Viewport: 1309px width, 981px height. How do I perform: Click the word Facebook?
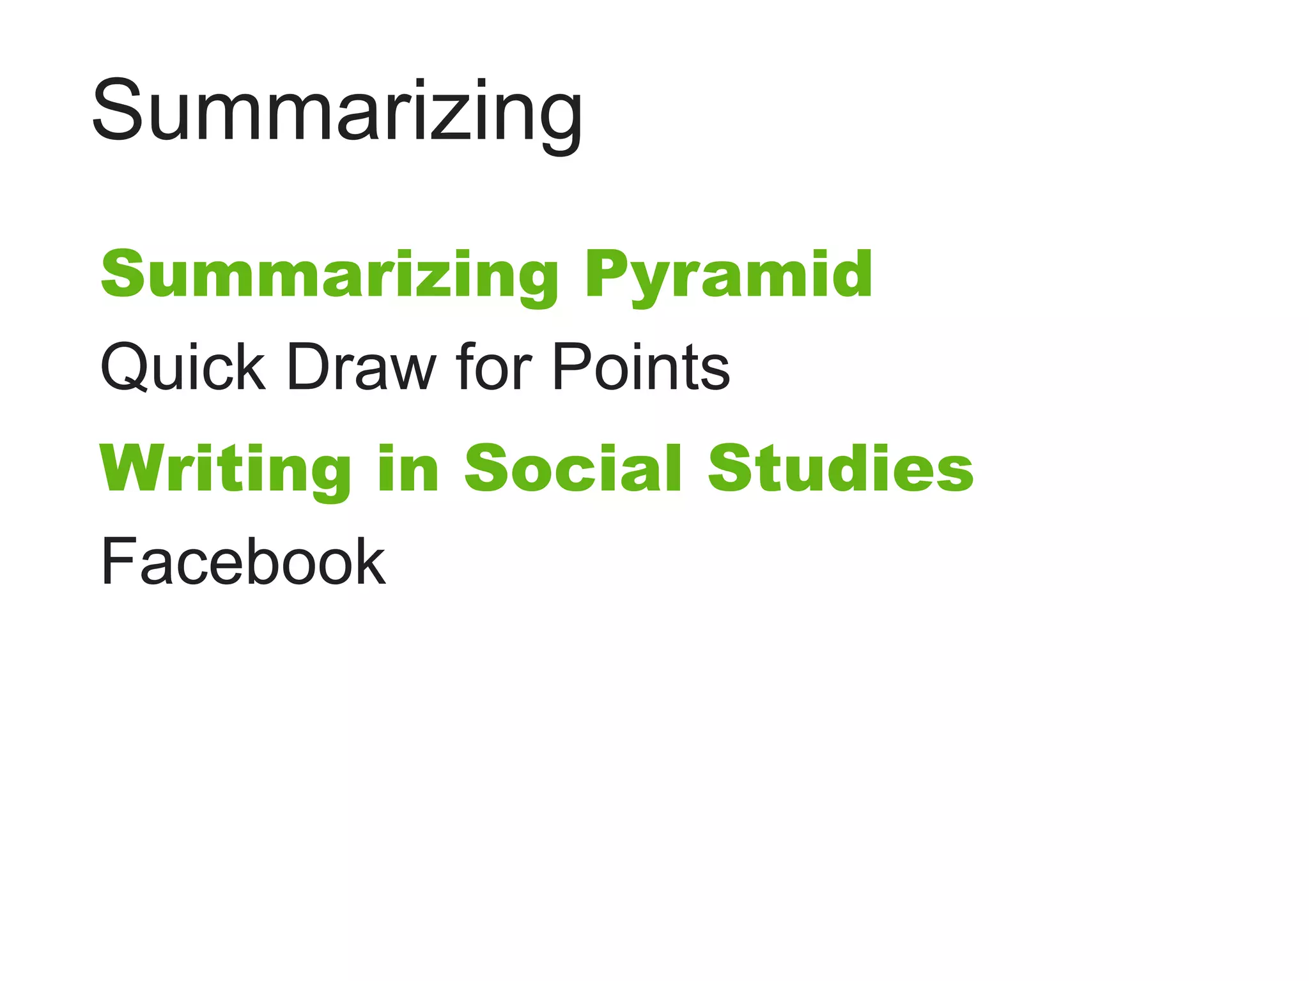tap(243, 562)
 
